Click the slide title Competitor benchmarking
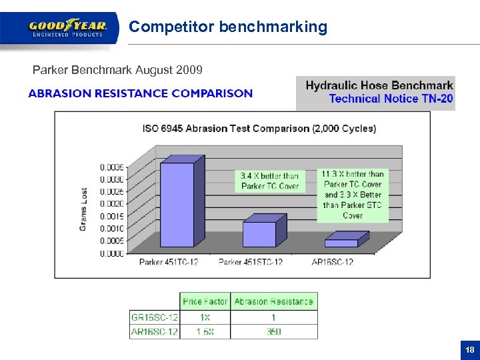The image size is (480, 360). (228, 27)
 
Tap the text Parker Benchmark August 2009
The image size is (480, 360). (118, 70)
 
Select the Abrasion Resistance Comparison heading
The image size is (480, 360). (140, 93)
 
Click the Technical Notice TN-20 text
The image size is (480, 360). (391, 99)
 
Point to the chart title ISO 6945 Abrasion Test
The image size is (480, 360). (259, 129)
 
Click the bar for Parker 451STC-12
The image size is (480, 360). (259, 234)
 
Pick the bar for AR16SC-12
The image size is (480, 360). (341, 243)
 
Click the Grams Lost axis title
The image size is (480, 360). (83, 209)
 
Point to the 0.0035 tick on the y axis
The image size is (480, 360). (112, 167)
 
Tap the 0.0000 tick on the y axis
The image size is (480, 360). (112, 253)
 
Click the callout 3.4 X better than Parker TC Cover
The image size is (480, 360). (269, 181)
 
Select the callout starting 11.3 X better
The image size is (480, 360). (353, 194)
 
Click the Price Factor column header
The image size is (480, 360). (205, 302)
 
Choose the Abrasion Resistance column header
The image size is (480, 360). (273, 302)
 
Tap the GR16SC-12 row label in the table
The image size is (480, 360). (154, 317)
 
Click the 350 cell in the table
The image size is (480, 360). (273, 331)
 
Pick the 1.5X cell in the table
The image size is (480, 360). (205, 331)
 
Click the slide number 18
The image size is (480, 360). (470, 350)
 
